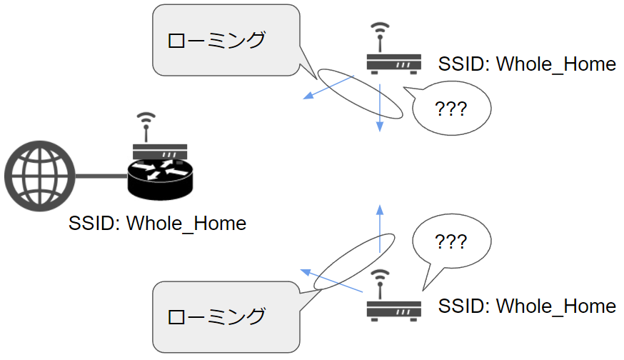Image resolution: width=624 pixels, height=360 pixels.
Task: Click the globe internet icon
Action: tap(39, 176)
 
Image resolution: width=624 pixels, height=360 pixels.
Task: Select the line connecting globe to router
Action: tap(100, 176)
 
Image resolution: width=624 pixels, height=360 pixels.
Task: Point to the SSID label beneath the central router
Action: tap(157, 224)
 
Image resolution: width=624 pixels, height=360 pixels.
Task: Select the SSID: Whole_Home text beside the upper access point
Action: tap(527, 64)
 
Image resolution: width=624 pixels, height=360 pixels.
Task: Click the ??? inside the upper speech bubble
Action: tap(451, 109)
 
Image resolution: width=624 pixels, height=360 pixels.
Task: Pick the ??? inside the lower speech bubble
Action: tap(451, 241)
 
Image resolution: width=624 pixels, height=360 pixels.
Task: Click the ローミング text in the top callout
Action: tap(216, 40)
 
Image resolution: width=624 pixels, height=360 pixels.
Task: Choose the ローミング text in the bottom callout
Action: tap(216, 316)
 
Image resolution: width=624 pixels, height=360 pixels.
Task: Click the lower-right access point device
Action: tap(393, 308)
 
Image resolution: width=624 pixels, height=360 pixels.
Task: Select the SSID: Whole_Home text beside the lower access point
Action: tap(527, 306)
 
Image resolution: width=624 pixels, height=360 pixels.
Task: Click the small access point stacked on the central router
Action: tap(160, 152)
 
